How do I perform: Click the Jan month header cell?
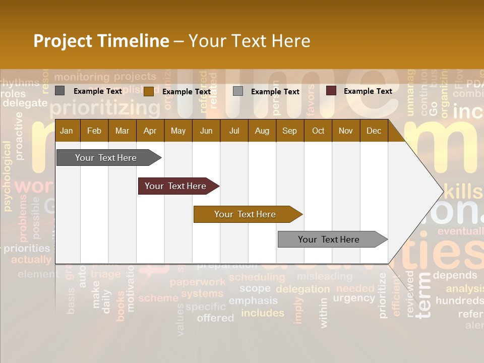click(x=67, y=131)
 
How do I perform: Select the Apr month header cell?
click(x=150, y=131)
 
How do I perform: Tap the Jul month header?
click(x=234, y=131)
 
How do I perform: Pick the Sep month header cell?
click(x=289, y=131)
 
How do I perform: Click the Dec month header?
click(x=374, y=131)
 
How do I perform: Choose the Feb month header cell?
click(x=94, y=131)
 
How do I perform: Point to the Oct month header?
click(x=318, y=131)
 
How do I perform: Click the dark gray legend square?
click(x=60, y=91)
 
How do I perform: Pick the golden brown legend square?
click(x=148, y=91)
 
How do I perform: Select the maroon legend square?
click(x=331, y=91)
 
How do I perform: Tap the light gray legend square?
click(x=238, y=91)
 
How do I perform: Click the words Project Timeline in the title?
click(x=101, y=41)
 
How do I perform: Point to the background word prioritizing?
click(x=105, y=108)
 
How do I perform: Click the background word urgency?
click(x=354, y=298)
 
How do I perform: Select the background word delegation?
click(x=302, y=289)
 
